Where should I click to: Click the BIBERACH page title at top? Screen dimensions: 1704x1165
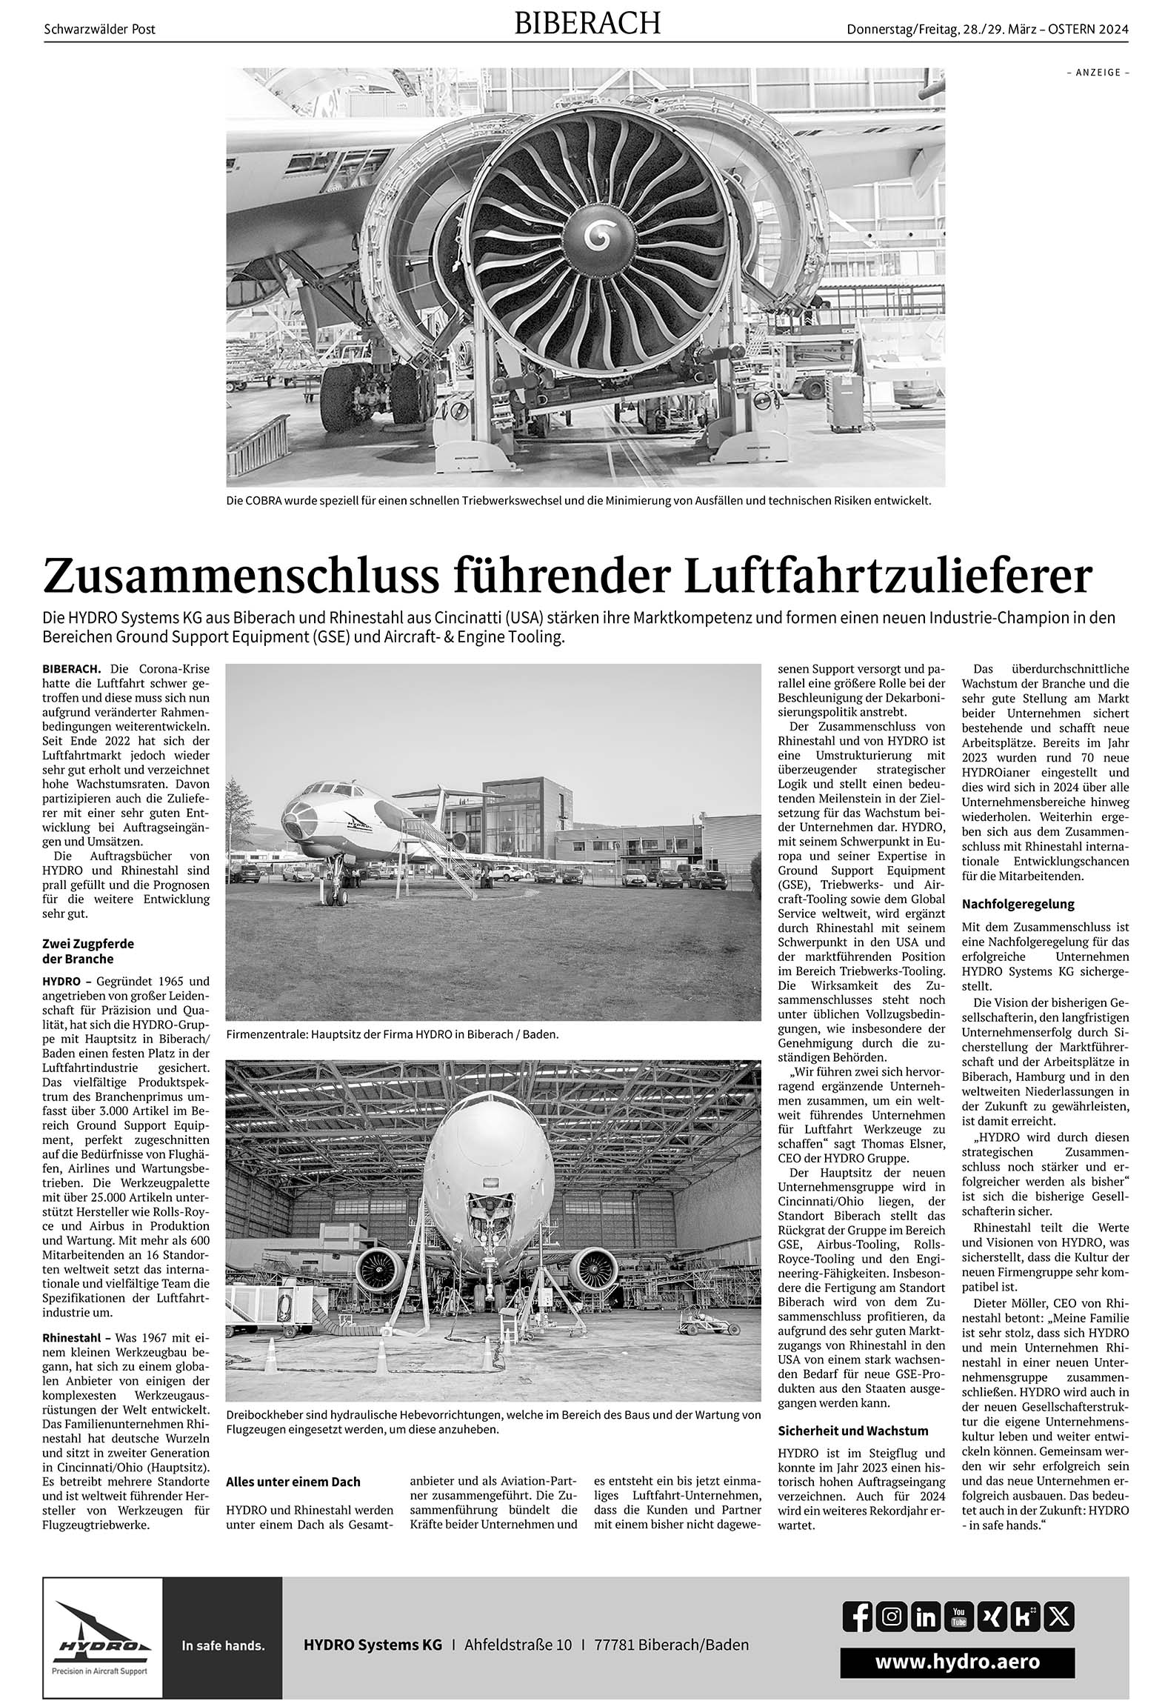point(587,24)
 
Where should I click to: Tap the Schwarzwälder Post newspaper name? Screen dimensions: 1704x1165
point(100,30)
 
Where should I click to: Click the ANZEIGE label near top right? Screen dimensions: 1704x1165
point(1098,73)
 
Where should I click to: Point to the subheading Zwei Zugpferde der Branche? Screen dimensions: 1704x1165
point(89,951)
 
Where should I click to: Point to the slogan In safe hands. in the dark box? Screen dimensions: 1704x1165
point(223,1640)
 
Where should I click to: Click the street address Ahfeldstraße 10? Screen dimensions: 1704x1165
point(518,1640)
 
